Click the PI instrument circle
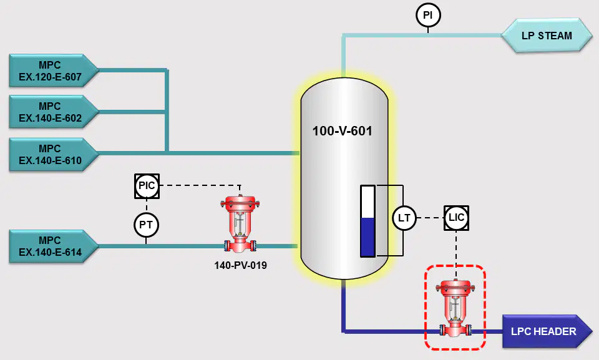[x=428, y=16]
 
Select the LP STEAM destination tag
[x=547, y=35]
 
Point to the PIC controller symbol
[x=147, y=186]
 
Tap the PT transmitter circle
[x=146, y=225]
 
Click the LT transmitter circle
[x=404, y=218]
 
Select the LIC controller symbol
[x=456, y=218]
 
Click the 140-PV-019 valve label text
[x=240, y=265]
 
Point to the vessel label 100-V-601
[x=343, y=131]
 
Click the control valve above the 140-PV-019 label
[x=240, y=224]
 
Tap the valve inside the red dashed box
[x=455, y=308]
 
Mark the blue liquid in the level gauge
[x=368, y=237]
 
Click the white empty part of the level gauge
[x=368, y=202]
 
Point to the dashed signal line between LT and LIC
[x=430, y=218]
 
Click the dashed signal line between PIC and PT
[x=147, y=206]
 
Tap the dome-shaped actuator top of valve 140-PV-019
[x=240, y=202]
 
